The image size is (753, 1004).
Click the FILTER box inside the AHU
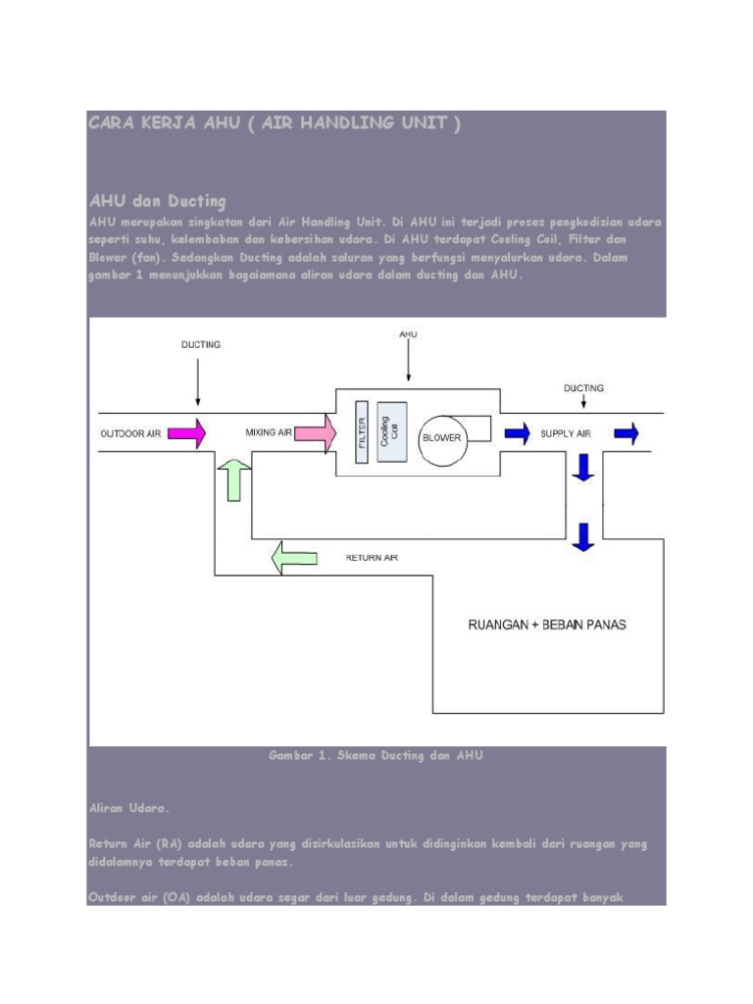(x=361, y=432)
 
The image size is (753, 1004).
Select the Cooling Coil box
(x=391, y=430)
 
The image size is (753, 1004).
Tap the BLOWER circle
(x=441, y=437)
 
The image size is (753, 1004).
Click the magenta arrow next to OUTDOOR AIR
(x=186, y=432)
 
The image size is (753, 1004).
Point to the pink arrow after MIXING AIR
(x=316, y=432)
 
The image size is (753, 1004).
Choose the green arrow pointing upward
(x=234, y=479)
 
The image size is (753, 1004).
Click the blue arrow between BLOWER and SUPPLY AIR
(x=517, y=432)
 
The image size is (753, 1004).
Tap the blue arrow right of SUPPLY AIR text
(x=627, y=432)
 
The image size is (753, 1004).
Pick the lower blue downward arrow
(x=584, y=536)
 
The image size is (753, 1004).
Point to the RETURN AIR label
(x=372, y=558)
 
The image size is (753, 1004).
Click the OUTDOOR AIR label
(x=130, y=432)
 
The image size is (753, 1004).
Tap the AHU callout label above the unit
(x=409, y=334)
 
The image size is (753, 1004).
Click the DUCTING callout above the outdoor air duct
(x=201, y=344)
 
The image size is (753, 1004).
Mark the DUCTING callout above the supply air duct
(x=583, y=387)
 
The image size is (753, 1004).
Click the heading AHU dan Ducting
(x=157, y=201)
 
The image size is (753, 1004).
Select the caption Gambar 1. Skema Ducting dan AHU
(x=376, y=756)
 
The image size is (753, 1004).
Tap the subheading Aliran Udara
(x=129, y=809)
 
